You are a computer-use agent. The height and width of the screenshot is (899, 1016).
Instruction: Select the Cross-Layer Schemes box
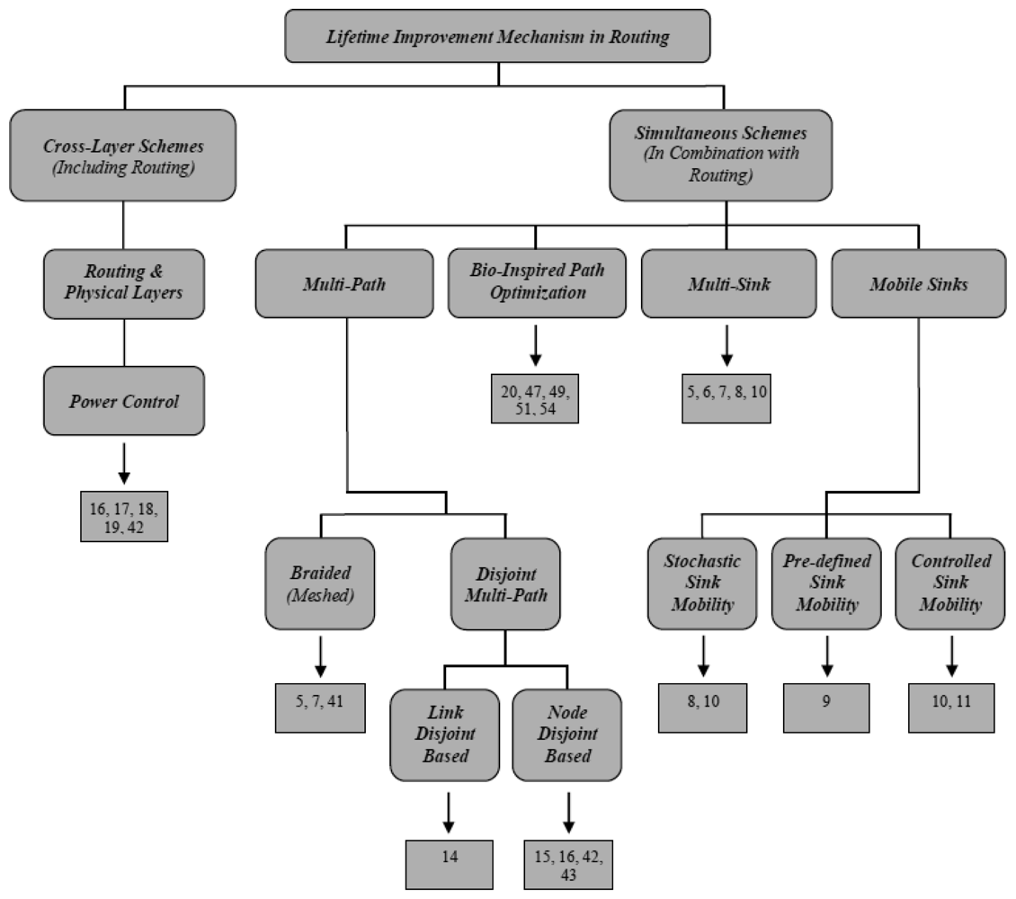click(x=123, y=155)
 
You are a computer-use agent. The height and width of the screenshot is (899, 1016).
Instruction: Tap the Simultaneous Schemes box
click(x=722, y=155)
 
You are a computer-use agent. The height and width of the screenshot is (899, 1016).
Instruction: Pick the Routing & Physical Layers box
click(x=123, y=283)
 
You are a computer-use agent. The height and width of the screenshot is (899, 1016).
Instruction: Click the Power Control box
click(x=123, y=400)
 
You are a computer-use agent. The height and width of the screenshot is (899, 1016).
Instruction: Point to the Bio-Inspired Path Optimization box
click(x=536, y=283)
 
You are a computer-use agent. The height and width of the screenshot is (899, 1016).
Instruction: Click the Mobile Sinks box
click(x=917, y=283)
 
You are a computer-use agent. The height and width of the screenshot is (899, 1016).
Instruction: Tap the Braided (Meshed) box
click(x=318, y=583)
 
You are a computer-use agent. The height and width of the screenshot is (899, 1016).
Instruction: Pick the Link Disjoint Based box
click(x=445, y=734)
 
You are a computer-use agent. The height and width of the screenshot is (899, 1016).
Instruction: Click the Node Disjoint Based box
click(x=566, y=734)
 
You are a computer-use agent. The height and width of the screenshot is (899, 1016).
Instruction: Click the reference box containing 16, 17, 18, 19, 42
click(x=123, y=515)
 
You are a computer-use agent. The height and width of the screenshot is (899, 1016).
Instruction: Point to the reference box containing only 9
click(x=826, y=708)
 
